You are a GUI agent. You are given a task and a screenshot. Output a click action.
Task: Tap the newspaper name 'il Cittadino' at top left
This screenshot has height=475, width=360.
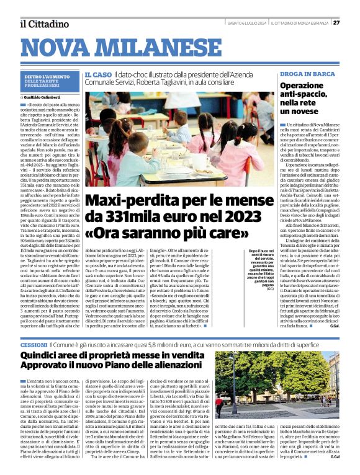[x=43, y=24]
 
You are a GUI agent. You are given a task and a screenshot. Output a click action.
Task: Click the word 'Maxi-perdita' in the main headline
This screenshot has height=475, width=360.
[x=128, y=201]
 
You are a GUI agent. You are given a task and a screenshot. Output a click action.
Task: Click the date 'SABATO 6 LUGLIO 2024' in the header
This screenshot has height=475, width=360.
[x=248, y=23]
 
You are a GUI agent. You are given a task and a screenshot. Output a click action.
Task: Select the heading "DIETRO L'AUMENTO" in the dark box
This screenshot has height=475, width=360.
[x=47, y=76]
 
